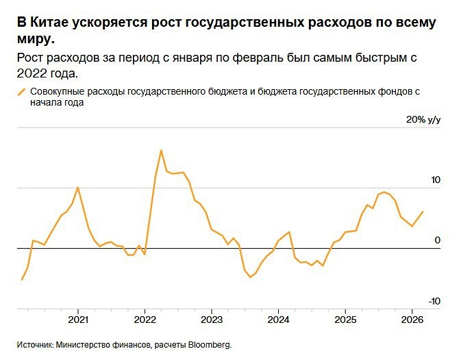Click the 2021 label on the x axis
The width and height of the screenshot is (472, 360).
pos(78,320)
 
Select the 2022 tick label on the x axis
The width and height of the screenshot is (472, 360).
pos(145,320)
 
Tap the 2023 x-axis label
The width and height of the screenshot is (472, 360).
pos(211,320)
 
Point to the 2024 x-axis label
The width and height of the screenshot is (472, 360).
pos(277,320)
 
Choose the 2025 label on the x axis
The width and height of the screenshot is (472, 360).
pos(345,320)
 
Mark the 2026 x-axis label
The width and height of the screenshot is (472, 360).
pos(411,320)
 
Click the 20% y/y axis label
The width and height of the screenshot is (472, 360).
pos(423,120)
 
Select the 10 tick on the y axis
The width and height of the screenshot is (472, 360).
pos(435,180)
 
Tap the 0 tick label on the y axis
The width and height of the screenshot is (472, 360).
pos(438,240)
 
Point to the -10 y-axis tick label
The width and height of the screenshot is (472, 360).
pos(434,301)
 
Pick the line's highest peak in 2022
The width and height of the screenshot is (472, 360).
pos(161,149)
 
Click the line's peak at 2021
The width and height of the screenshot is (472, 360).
pos(77,187)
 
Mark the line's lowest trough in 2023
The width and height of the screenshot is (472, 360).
pos(250,277)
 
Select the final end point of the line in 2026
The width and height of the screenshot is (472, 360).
pos(423,211)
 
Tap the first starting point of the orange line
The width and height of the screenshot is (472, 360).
pos(22,280)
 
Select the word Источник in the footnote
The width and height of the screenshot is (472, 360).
pos(35,345)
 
